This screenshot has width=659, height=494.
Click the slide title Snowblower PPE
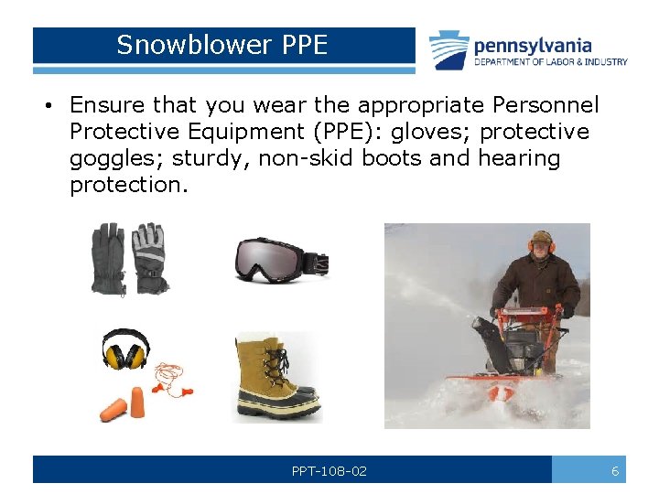[x=221, y=45]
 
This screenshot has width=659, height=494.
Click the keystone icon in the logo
[x=449, y=50]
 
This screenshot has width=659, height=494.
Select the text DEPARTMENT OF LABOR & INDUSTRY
[x=550, y=62]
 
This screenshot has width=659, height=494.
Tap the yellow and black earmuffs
[x=124, y=349]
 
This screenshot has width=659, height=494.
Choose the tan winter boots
[x=275, y=376]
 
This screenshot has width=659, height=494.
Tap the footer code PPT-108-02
[x=329, y=471]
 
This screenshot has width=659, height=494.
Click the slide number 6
[x=615, y=471]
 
